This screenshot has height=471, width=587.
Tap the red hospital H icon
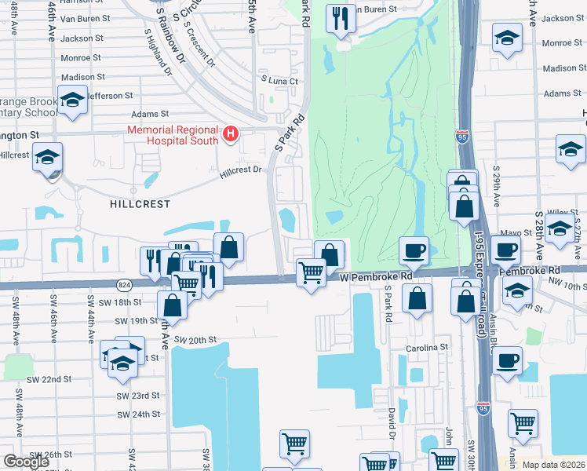tap(231, 134)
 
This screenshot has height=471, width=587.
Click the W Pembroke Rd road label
tap(377, 277)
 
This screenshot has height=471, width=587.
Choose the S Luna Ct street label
tap(279, 81)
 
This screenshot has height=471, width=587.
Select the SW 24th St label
tap(138, 414)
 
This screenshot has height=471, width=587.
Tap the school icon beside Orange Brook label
tap(73, 101)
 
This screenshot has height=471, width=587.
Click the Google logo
tap(27, 461)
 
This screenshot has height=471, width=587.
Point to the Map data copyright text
tap(553, 465)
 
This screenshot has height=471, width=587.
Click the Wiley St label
tap(558, 212)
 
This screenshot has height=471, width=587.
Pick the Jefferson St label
tap(110, 96)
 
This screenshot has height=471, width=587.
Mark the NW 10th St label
tap(567, 287)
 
